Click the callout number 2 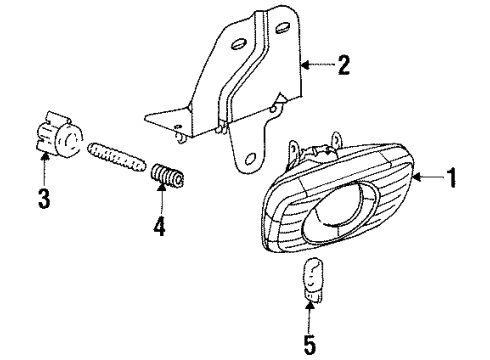[343, 67]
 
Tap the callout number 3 [44, 197]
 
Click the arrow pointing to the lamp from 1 [425, 181]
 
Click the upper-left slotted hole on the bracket [239, 44]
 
